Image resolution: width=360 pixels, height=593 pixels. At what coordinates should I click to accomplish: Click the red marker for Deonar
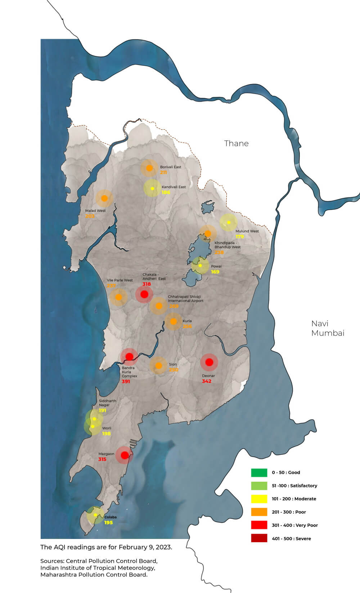[x=209, y=362]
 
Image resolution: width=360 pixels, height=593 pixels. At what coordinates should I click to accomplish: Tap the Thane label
[x=236, y=143]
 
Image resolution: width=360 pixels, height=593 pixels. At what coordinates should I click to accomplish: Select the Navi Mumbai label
[x=328, y=328]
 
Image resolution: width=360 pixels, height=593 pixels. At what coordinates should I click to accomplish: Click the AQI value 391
[x=126, y=381]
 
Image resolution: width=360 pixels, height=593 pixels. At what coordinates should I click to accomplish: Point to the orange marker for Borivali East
[x=149, y=168]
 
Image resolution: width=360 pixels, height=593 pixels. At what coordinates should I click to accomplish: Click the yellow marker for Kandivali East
[x=152, y=188]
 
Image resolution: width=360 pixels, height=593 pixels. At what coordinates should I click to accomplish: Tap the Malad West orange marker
[x=104, y=198]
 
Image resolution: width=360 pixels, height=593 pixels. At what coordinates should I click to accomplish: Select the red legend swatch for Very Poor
[x=259, y=525]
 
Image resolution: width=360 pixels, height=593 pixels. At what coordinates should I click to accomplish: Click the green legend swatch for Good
[x=259, y=472]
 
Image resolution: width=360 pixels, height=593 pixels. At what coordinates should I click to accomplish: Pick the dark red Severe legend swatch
[x=259, y=538]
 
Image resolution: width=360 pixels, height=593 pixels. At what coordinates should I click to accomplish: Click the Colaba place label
[x=111, y=517]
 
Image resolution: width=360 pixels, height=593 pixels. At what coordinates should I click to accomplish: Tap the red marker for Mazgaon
[x=125, y=455]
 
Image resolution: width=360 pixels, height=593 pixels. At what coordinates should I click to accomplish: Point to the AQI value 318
[x=147, y=284]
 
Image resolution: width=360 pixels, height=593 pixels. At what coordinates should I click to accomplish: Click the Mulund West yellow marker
[x=228, y=222]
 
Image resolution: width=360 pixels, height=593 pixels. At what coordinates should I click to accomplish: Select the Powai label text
[x=216, y=266]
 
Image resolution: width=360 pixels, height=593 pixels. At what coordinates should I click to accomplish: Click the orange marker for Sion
[x=158, y=366]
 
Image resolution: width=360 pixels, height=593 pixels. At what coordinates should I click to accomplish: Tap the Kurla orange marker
[x=174, y=321]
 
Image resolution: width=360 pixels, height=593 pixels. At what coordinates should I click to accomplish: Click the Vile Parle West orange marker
[x=118, y=297]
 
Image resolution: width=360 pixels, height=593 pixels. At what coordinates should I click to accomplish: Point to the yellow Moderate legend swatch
[x=259, y=499]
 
